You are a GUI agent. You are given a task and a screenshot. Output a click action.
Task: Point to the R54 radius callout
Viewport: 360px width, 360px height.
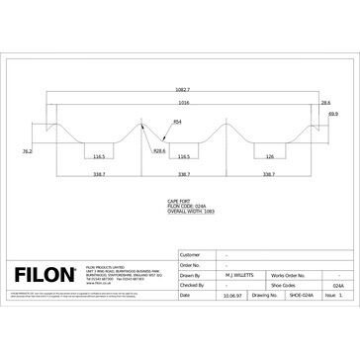click(x=177, y=122)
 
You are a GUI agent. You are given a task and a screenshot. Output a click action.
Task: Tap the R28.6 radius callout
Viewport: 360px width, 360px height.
click(x=158, y=150)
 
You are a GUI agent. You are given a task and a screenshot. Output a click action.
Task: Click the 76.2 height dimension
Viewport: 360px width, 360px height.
click(x=29, y=151)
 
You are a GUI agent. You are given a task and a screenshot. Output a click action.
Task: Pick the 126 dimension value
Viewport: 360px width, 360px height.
click(x=269, y=156)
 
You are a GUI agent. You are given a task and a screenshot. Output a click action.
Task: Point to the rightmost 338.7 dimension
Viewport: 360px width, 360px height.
click(x=269, y=174)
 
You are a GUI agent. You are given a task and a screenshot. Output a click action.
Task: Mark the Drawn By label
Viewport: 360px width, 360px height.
click(x=191, y=276)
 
